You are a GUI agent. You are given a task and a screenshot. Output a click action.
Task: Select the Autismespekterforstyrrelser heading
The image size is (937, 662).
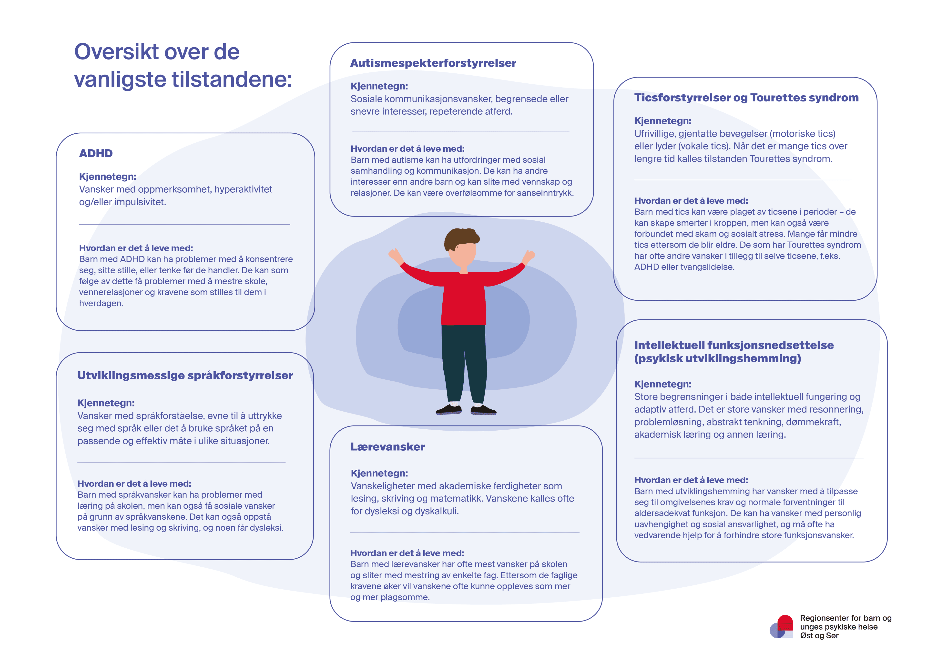433,63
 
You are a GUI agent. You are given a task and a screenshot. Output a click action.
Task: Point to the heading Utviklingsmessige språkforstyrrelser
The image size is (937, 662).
185,376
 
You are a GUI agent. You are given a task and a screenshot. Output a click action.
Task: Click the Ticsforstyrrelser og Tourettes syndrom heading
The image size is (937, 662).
746,98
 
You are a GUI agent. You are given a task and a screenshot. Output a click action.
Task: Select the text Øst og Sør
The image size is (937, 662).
819,635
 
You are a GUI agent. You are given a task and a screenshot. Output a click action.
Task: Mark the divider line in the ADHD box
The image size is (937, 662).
184,224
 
